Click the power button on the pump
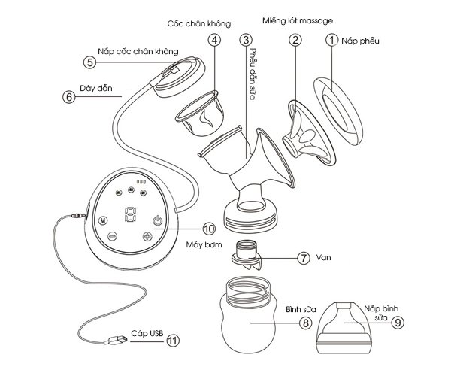[156, 220]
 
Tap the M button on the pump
[102, 221]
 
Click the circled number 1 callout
[330, 42]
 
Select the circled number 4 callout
[216, 42]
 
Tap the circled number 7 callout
[304, 257]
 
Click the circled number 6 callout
[69, 96]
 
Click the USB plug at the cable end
[116, 342]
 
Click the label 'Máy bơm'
[201, 247]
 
